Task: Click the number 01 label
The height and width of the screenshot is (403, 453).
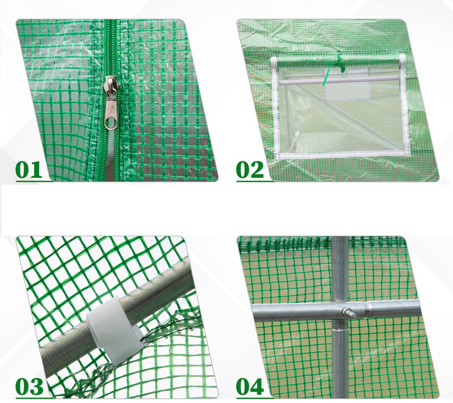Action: [x=29, y=169]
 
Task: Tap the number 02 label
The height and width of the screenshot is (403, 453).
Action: [x=250, y=169]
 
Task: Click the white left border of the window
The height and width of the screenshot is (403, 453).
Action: [x=275, y=107]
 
